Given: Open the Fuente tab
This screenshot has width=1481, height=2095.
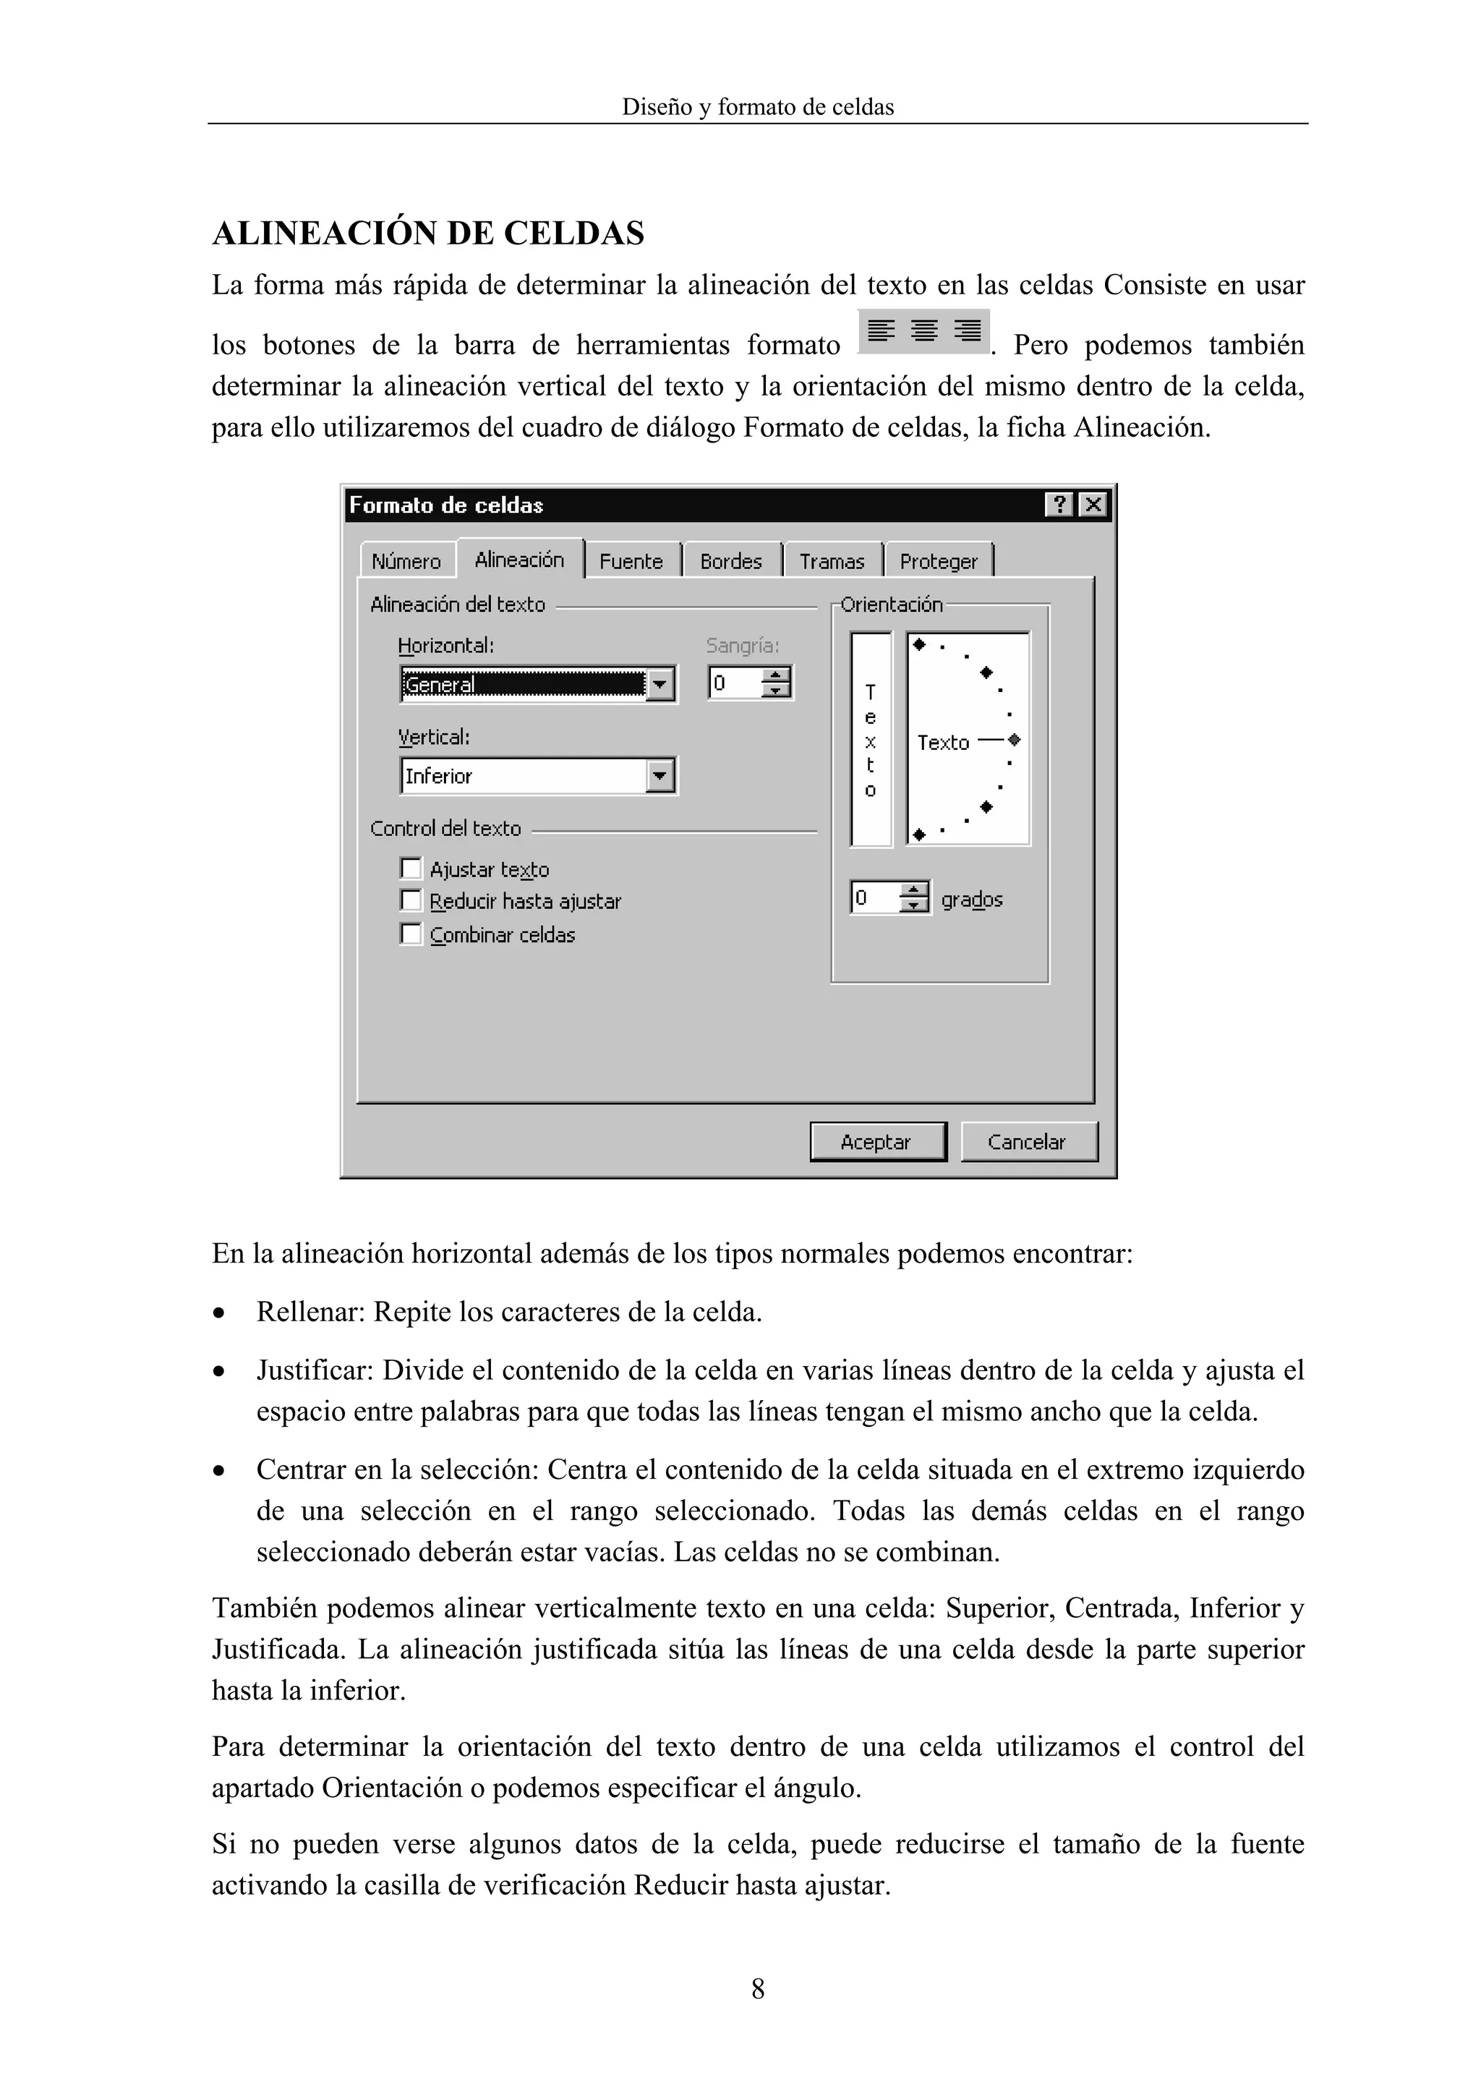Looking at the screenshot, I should [631, 561].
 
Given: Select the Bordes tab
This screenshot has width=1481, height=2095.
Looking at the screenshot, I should [731, 561].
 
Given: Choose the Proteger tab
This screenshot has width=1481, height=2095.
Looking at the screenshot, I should [938, 561].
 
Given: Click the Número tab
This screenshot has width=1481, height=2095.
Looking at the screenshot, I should [406, 561].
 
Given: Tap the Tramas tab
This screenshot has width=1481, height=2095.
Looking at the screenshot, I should [832, 561].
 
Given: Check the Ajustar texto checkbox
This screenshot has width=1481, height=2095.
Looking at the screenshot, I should [411, 868].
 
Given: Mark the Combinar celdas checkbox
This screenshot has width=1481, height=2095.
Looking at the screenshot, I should [411, 934].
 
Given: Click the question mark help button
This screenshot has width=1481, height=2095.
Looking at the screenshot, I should [1059, 505].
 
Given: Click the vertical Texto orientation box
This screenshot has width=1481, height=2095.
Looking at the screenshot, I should [871, 739].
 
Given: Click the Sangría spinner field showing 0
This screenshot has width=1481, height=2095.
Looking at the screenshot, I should [735, 683].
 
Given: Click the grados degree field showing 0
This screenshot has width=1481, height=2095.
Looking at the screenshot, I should [874, 899].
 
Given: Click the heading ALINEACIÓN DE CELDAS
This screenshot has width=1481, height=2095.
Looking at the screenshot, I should [428, 234].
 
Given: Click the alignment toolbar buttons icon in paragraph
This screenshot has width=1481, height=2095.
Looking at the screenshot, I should [924, 331].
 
